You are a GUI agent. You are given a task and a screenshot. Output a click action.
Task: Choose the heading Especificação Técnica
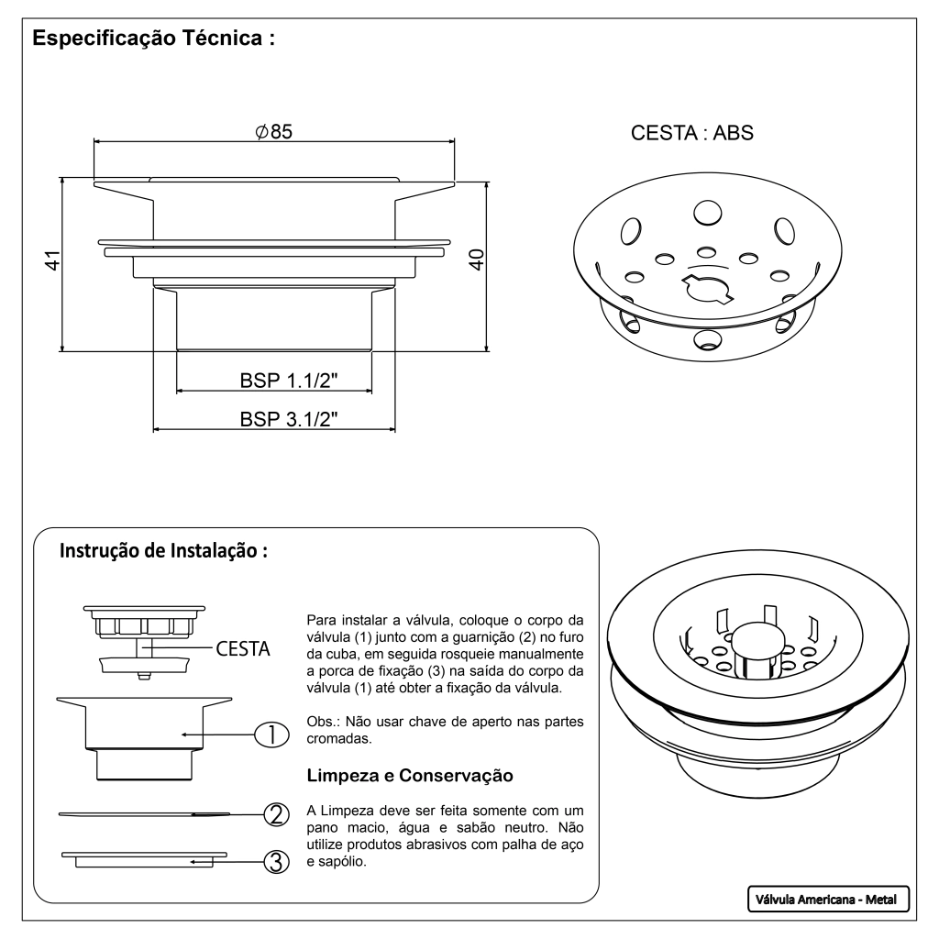coord(154,41)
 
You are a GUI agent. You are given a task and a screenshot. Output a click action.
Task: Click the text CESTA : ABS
coord(691,133)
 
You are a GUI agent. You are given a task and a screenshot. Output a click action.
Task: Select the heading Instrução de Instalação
coord(163,552)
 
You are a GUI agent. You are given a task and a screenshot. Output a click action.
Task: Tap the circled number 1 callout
coord(272,734)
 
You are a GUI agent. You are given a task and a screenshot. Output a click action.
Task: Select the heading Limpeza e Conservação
coord(409,776)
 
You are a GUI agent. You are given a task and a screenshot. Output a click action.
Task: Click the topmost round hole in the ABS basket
coord(706,213)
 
